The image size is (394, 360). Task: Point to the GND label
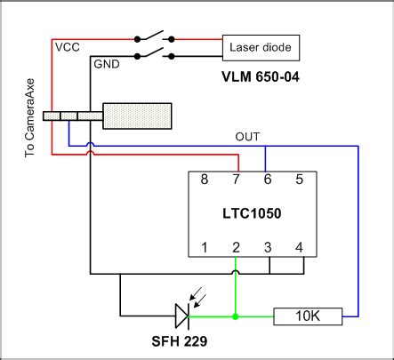[x=106, y=65]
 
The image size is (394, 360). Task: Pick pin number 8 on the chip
[x=205, y=179]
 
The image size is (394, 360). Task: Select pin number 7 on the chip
[x=237, y=179]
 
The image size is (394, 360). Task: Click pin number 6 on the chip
[x=268, y=179]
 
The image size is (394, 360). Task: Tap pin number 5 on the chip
[x=299, y=179]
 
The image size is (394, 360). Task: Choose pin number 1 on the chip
[x=205, y=246]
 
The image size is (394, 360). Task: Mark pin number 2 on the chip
[x=237, y=246]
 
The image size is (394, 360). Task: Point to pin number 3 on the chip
[x=268, y=246]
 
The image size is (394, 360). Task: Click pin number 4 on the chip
[x=299, y=246]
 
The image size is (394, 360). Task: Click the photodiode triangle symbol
[x=181, y=316]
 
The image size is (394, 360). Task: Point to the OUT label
[x=248, y=137]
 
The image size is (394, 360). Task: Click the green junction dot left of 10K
[x=236, y=316]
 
